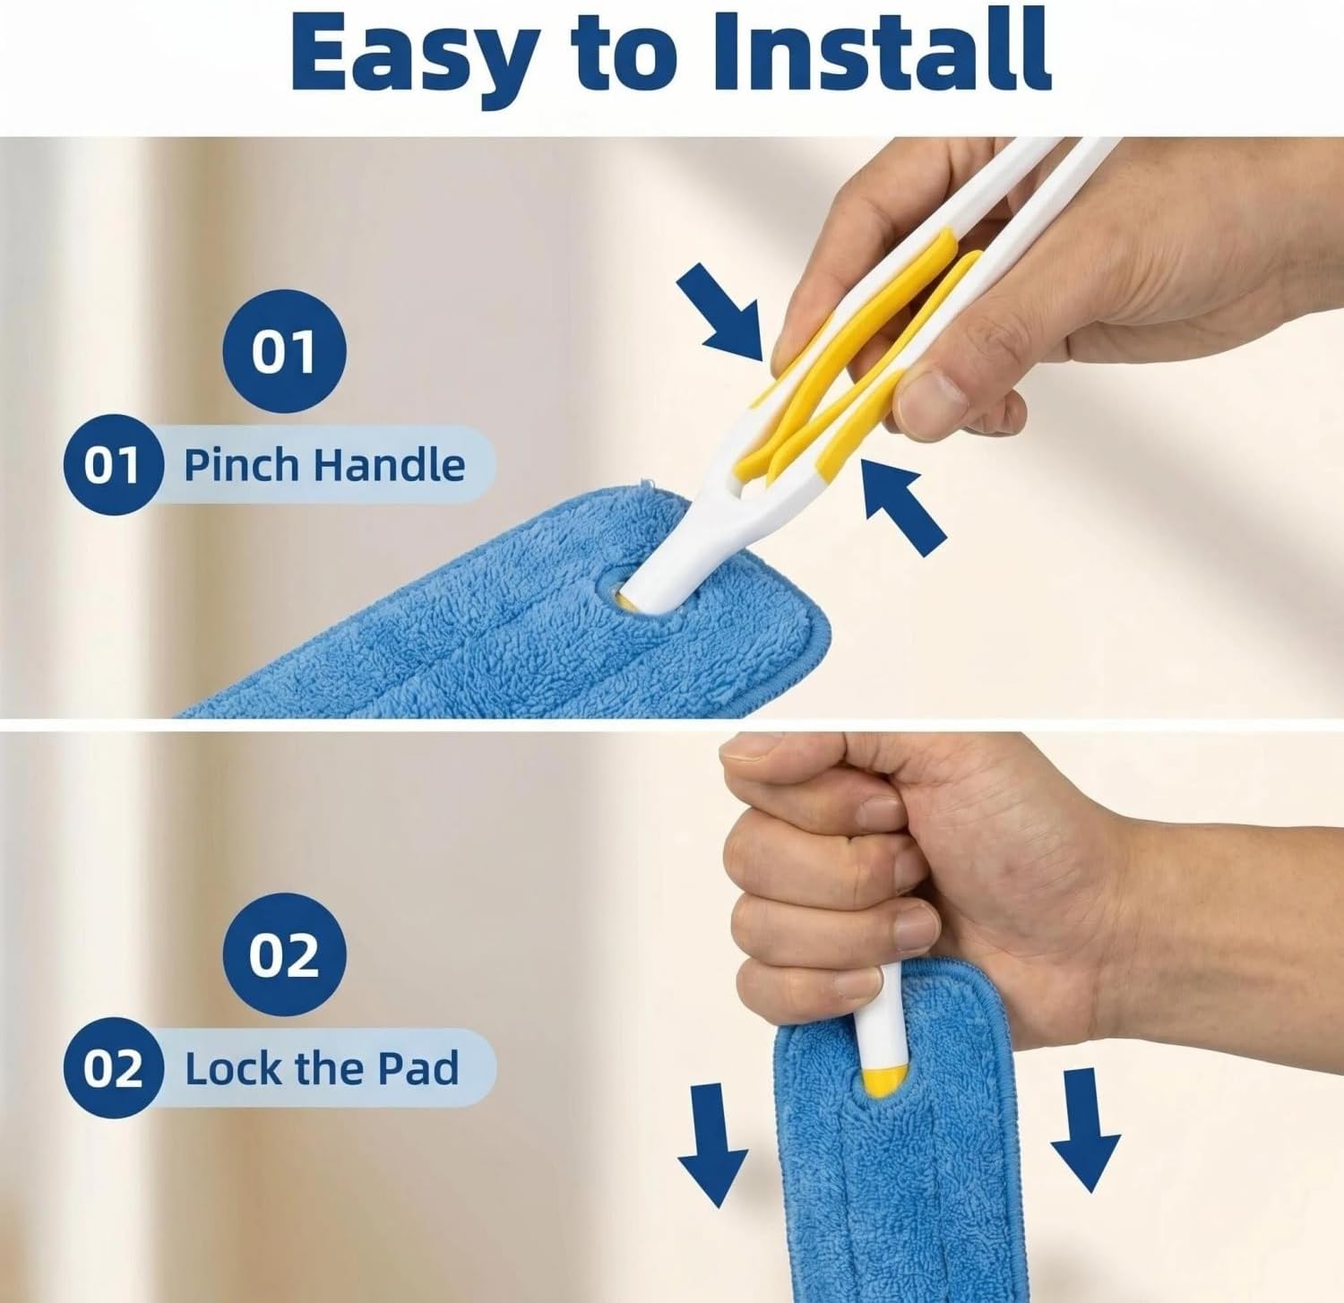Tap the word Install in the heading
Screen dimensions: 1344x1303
(882, 49)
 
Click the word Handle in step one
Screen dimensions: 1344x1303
(389, 465)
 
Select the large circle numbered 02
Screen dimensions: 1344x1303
(284, 956)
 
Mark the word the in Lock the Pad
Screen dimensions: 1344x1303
(329, 1069)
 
